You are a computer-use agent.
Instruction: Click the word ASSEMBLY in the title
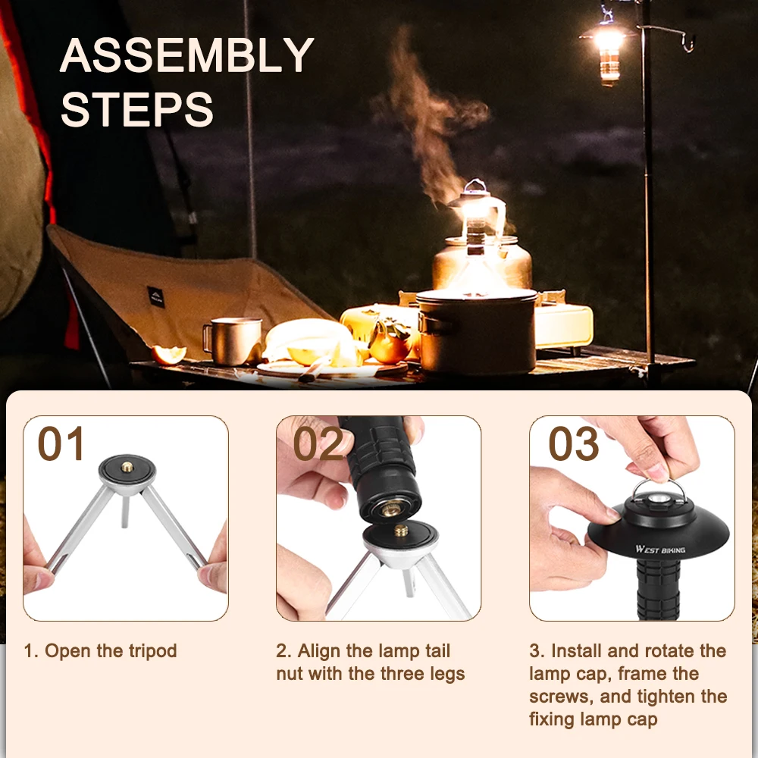[x=186, y=55]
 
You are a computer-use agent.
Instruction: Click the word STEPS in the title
[x=136, y=109]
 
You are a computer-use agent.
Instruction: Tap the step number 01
[x=61, y=443]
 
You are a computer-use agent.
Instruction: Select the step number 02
[x=318, y=443]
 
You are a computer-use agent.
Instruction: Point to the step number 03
[x=574, y=443]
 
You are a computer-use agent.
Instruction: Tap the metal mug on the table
[x=233, y=340]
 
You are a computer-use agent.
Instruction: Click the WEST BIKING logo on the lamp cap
[x=660, y=549]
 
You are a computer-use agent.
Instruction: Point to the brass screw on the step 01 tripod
[x=127, y=468]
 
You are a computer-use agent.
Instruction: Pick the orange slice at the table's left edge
[x=169, y=354]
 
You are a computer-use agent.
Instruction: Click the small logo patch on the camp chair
[x=155, y=296]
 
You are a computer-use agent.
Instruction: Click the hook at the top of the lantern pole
[x=688, y=42]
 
